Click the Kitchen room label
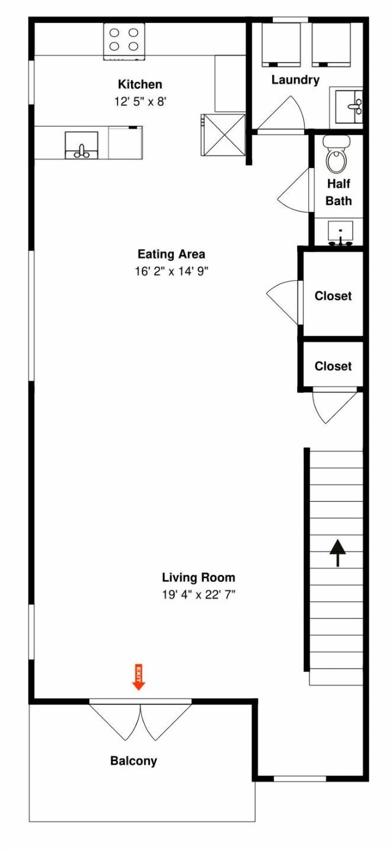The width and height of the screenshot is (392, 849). (x=140, y=85)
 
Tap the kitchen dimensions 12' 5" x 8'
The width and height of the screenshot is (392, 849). (x=140, y=101)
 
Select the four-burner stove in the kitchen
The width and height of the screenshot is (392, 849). (x=124, y=42)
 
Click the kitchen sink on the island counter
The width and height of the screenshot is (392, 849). (x=82, y=145)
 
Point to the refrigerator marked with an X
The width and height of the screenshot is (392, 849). (x=223, y=135)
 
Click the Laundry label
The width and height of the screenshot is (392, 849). (x=296, y=80)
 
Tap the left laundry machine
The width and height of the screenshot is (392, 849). (x=281, y=44)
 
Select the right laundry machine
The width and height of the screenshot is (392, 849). (x=331, y=44)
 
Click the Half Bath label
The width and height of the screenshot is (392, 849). (x=339, y=192)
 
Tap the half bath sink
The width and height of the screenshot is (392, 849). (x=340, y=233)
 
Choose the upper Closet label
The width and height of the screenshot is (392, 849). (x=333, y=296)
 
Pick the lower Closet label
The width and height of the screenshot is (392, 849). (x=333, y=366)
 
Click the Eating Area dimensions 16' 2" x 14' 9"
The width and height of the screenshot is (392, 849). (x=171, y=271)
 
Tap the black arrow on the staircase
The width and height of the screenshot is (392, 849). (x=338, y=553)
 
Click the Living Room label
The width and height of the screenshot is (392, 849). (x=198, y=578)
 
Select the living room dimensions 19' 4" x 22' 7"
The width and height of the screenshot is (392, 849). (x=198, y=594)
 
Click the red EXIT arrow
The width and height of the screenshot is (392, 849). (x=138, y=677)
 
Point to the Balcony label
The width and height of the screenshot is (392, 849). (x=134, y=761)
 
